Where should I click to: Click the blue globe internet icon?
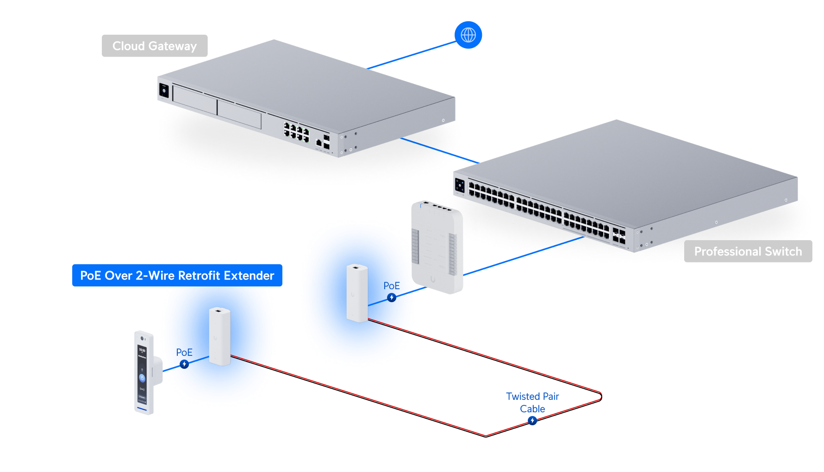coord(468,35)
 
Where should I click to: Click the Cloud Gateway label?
coord(155,46)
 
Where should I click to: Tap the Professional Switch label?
coord(748,251)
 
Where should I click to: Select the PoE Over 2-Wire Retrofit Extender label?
coord(177,276)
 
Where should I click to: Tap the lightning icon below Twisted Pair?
coord(532,420)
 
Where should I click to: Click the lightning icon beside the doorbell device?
coord(184,364)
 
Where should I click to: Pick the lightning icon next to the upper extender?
coord(392,298)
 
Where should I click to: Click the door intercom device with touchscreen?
coord(144,373)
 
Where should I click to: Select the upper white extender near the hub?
coord(357,293)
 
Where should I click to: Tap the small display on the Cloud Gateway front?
coord(163,90)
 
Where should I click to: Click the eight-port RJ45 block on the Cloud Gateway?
coord(296,132)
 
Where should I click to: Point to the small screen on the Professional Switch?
coord(460,185)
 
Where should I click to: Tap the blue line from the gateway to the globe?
coord(412,55)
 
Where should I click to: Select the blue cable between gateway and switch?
coord(435,149)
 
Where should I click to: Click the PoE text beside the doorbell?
coord(184,353)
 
